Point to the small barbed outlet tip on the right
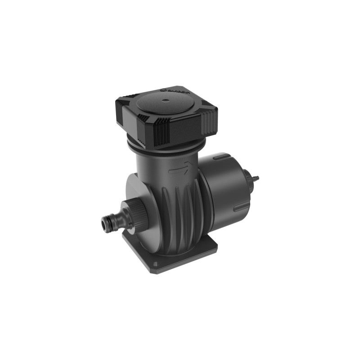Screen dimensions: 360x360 256,178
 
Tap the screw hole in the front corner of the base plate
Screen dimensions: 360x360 155,264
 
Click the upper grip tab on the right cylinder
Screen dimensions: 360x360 221,157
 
